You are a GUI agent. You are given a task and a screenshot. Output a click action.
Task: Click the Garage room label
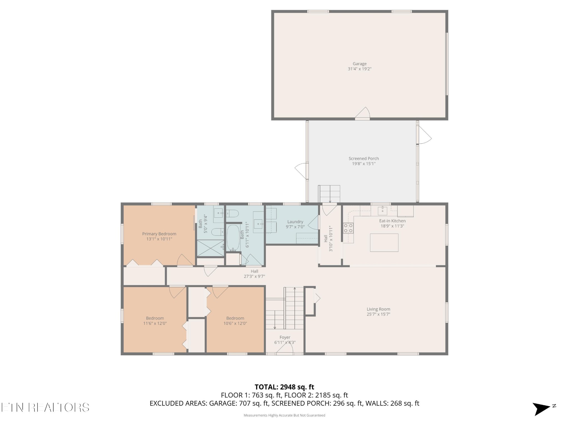pyautogui.click(x=360, y=64)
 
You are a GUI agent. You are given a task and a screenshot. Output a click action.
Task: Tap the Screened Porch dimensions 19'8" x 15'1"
pyautogui.click(x=364, y=164)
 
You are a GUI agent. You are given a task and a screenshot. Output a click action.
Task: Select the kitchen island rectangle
pyautogui.click(x=384, y=242)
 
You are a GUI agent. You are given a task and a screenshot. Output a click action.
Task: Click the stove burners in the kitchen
pyautogui.click(x=348, y=228)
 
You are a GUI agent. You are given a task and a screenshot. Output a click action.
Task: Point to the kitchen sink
pyautogui.click(x=383, y=210)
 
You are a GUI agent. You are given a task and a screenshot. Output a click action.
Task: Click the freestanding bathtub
pyautogui.click(x=233, y=238)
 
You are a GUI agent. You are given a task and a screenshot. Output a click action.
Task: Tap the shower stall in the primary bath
pyautogui.click(x=210, y=248)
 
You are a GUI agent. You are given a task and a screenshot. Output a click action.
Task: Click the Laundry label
pyautogui.click(x=295, y=222)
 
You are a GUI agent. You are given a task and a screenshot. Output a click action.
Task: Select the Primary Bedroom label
pyautogui.click(x=159, y=234)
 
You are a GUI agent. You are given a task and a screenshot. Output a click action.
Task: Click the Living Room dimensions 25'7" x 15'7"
pyautogui.click(x=378, y=314)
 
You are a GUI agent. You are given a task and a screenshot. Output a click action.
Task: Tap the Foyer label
pyautogui.click(x=285, y=337)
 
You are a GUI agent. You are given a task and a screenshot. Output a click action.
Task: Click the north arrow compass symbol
pyautogui.click(x=542, y=409)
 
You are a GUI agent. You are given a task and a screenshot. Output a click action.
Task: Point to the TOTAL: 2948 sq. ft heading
pyautogui.click(x=284, y=387)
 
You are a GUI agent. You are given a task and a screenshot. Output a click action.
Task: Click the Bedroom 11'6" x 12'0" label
pyautogui.click(x=155, y=321)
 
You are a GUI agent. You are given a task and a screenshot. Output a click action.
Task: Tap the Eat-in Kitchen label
pyautogui.click(x=392, y=221)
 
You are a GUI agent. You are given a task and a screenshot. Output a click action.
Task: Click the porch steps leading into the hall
pyautogui.click(x=329, y=194)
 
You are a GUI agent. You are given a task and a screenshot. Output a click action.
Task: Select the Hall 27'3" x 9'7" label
pyautogui.click(x=254, y=274)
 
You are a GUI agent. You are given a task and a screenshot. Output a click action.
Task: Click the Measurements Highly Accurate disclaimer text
pyautogui.click(x=284, y=415)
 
